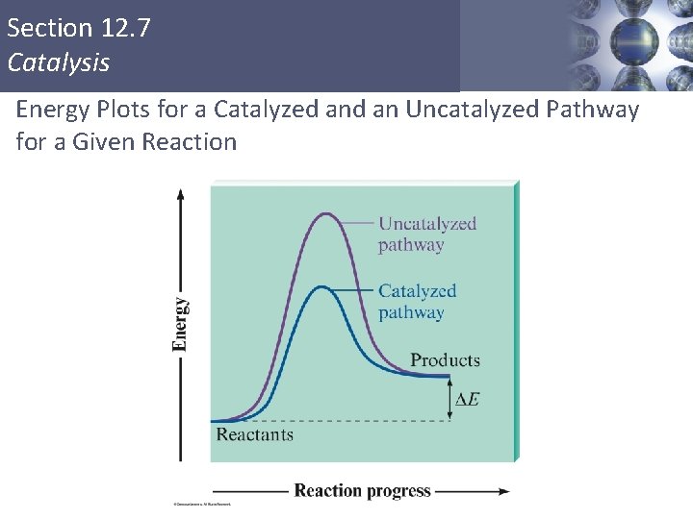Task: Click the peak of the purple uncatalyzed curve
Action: pyautogui.click(x=327, y=213)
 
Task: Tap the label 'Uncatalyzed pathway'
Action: pyautogui.click(x=426, y=234)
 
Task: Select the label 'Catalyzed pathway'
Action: pyautogui.click(x=417, y=301)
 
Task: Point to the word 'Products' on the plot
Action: pyautogui.click(x=445, y=360)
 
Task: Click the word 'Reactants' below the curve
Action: pyautogui.click(x=254, y=434)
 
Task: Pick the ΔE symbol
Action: pyautogui.click(x=467, y=399)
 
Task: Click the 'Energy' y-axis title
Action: pyautogui.click(x=181, y=324)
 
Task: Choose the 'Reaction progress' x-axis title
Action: pyautogui.click(x=362, y=491)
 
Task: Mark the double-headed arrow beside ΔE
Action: pyautogui.click(x=449, y=398)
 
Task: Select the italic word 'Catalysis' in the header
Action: pyautogui.click(x=59, y=62)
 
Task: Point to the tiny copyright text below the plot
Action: pyautogui.click(x=202, y=504)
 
